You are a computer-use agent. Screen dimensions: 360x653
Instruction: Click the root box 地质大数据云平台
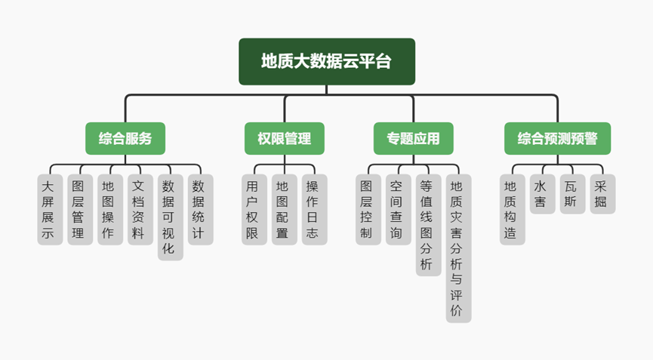[x=327, y=61]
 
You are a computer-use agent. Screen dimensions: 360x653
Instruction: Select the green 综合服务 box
[x=125, y=138]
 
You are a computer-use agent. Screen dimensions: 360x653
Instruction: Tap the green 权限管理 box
[x=285, y=138]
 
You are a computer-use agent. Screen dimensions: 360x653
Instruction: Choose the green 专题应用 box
[x=414, y=138]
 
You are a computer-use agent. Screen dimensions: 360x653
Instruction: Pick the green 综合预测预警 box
[x=557, y=138]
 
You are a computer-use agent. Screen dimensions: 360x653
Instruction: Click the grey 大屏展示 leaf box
[x=50, y=209]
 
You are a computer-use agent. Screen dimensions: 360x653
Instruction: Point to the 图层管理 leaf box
[x=80, y=209]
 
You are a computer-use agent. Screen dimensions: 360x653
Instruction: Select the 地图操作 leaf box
[x=110, y=209]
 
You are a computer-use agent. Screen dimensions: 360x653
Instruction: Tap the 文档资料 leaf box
[x=140, y=209]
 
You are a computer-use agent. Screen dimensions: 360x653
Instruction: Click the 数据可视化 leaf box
[x=171, y=217]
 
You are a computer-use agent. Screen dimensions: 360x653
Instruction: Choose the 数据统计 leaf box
[x=201, y=209]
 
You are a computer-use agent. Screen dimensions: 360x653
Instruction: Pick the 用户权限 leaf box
[x=254, y=209]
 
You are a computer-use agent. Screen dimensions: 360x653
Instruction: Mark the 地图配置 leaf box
[x=284, y=209]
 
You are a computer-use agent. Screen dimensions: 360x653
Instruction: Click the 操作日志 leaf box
[x=314, y=209]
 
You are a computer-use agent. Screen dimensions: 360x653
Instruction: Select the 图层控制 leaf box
[x=368, y=209]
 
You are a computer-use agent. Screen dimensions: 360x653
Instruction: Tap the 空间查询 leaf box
[x=399, y=209]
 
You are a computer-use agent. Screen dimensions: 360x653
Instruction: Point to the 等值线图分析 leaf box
[x=428, y=225]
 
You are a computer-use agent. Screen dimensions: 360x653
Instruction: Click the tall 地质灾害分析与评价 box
[x=458, y=248]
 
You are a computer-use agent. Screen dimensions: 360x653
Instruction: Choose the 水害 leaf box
[x=542, y=193]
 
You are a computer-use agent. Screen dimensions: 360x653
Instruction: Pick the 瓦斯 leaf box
[x=572, y=193]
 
